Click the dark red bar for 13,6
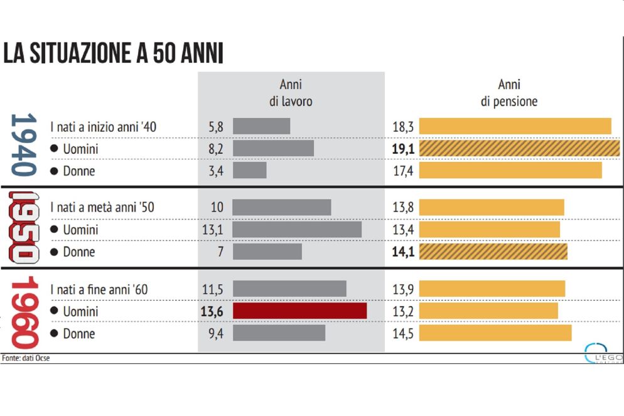tap(299, 311)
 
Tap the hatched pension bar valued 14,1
tap(493, 252)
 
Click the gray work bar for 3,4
tap(249, 170)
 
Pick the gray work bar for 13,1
tap(297, 230)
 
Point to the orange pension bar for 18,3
tap(515, 126)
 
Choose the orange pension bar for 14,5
tap(495, 333)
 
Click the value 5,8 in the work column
tap(215, 127)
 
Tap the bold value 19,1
tap(402, 149)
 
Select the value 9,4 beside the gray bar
tap(215, 334)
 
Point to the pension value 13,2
tap(402, 312)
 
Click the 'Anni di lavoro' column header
tap(291, 93)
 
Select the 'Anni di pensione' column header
tap(509, 93)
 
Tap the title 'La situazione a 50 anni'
tap(113, 54)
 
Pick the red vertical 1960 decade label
tap(24, 311)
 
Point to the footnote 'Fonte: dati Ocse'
tap(26, 358)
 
